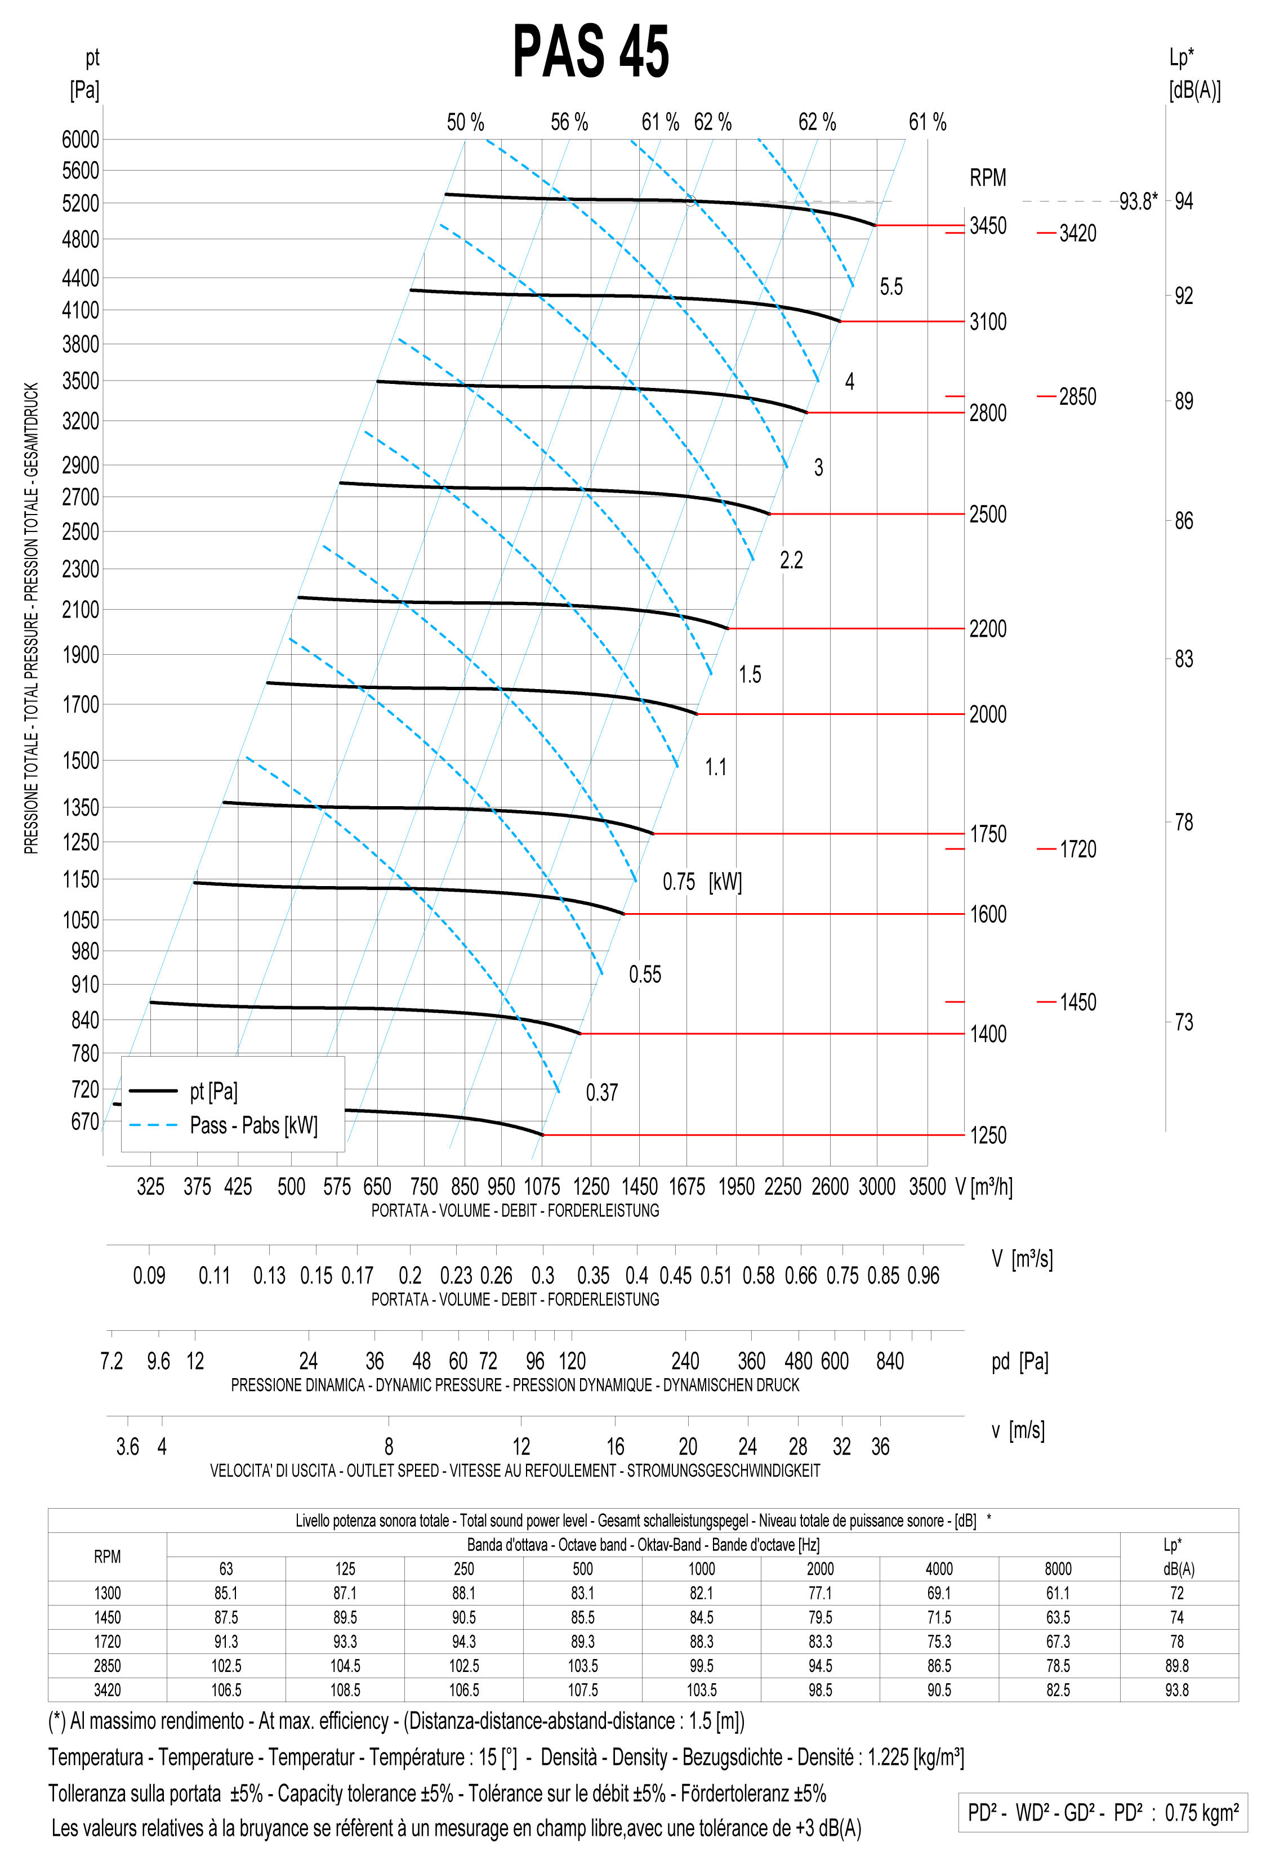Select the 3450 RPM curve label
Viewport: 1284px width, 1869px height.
tap(987, 226)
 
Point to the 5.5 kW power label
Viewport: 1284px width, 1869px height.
tap(890, 287)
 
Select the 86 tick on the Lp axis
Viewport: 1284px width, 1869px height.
tap(1183, 521)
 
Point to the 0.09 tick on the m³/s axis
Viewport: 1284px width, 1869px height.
tap(149, 1276)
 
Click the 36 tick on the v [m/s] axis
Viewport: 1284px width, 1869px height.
tap(880, 1447)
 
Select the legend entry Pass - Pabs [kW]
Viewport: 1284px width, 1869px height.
tap(253, 1125)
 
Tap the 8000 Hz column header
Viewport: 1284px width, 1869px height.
tap(1058, 1568)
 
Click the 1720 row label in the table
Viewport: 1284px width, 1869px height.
tap(107, 1642)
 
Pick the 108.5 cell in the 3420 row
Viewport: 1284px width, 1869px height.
tap(345, 1689)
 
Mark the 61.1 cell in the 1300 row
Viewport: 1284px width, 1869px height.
tap(1058, 1593)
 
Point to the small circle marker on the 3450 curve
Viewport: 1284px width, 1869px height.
tap(690, 200)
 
